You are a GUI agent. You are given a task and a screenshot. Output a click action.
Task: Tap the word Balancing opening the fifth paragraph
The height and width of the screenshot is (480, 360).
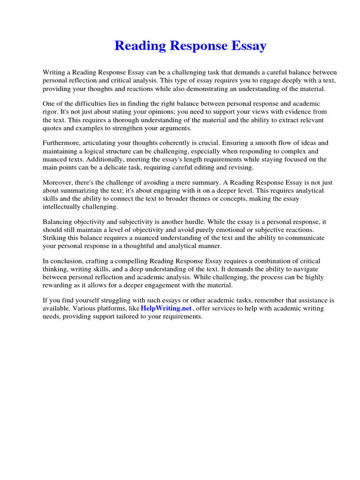[x=60, y=221]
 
